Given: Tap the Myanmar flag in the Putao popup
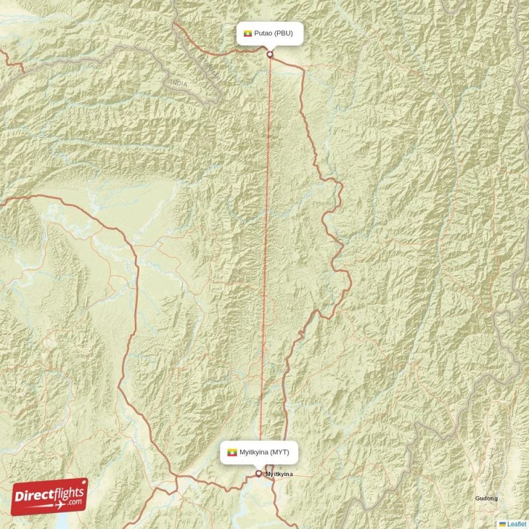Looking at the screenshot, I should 248,33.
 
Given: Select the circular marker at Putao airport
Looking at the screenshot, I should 270,54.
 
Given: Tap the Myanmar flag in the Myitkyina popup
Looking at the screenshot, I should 231,452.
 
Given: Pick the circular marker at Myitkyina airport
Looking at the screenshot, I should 259,473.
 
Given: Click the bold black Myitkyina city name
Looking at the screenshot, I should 278,475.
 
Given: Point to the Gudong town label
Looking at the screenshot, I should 486,498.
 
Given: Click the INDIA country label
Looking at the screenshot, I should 179,83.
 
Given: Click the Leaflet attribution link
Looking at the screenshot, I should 517,524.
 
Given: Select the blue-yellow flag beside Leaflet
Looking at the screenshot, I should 503,524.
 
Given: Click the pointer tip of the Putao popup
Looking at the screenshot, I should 270,48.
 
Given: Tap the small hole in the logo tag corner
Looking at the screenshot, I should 82,484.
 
